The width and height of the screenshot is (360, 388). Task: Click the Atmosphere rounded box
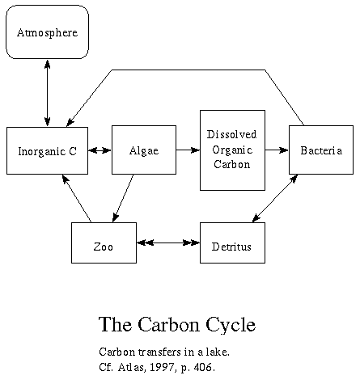click(x=47, y=32)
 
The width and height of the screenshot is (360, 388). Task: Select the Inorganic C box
click(x=47, y=150)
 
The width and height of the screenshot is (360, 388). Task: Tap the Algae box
click(x=144, y=150)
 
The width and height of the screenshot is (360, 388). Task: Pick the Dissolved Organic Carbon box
click(x=232, y=150)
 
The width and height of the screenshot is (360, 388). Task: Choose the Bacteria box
click(x=321, y=150)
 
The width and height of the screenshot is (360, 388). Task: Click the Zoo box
click(x=104, y=242)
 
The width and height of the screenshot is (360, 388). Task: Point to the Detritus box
click(x=232, y=242)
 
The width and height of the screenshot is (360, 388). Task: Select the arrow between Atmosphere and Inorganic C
click(x=48, y=93)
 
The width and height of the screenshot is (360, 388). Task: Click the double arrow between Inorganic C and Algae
click(x=100, y=150)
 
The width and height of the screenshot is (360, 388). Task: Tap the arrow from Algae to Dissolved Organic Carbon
click(x=188, y=150)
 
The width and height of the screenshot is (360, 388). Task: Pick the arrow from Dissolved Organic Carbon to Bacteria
click(x=277, y=150)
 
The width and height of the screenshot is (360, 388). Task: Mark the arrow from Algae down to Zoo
click(x=123, y=198)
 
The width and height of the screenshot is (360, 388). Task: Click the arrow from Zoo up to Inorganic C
click(x=77, y=199)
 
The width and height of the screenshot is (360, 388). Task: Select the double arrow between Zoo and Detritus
click(x=168, y=242)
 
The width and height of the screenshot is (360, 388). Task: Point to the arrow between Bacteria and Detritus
click(x=275, y=198)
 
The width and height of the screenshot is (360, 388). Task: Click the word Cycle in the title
click(x=231, y=325)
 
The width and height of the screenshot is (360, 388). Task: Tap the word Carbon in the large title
click(x=169, y=324)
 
